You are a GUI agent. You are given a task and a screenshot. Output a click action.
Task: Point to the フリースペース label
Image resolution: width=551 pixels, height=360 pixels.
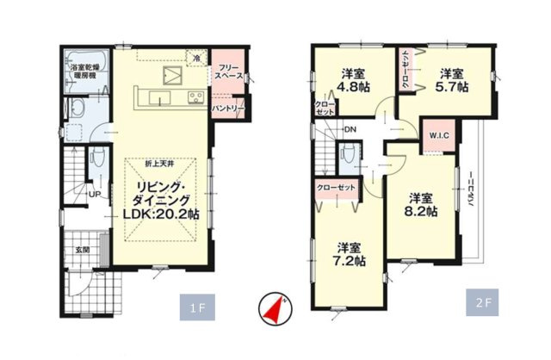tap(228, 71)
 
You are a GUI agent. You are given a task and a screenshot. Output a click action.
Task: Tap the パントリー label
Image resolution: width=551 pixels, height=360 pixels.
tap(228, 109)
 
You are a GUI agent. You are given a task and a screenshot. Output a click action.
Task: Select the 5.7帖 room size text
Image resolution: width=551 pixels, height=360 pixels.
tap(452, 86)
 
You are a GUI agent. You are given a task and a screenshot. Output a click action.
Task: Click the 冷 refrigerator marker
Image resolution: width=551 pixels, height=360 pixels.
tap(198, 59)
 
